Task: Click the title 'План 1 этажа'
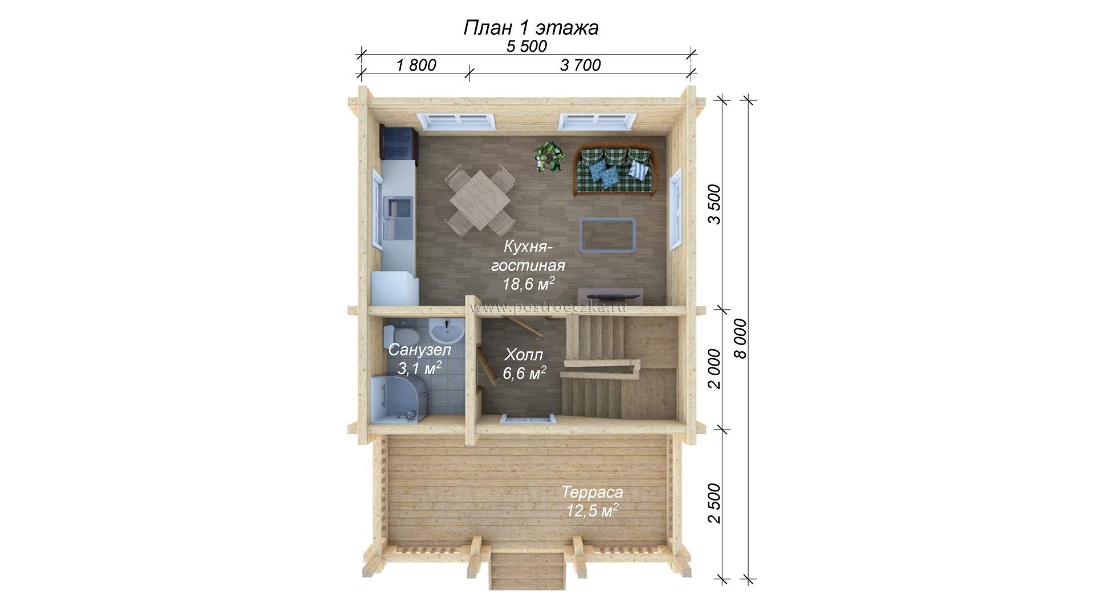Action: tap(530, 27)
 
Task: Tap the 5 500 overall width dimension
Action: tap(526, 47)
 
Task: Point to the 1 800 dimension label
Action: tap(416, 65)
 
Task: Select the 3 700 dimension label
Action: tap(580, 65)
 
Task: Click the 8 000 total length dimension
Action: tap(740, 338)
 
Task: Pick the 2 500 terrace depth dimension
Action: tap(715, 503)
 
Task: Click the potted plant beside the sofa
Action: tap(549, 155)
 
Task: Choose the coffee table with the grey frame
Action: tap(607, 234)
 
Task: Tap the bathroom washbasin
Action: tap(446, 330)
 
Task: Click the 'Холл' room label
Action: tap(524, 355)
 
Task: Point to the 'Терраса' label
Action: tap(593, 492)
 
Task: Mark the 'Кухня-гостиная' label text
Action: tap(528, 256)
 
